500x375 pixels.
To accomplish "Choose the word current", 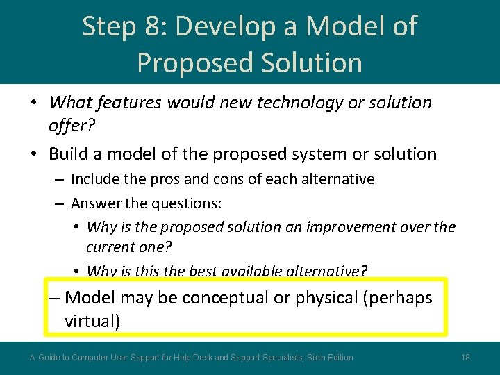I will (x=110, y=248).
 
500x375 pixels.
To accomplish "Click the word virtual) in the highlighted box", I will (x=92, y=321).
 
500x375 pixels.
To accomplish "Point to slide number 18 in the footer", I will (x=465, y=358).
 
